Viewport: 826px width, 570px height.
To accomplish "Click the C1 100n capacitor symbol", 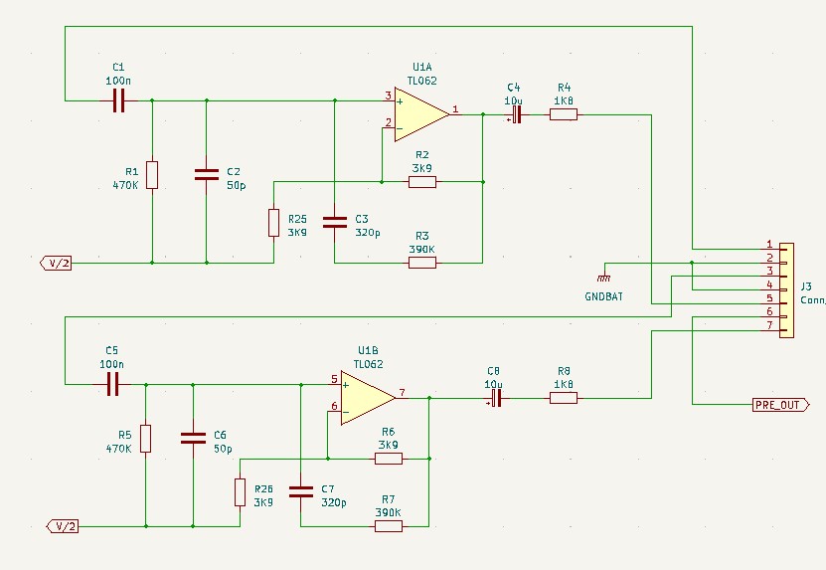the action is (119, 100).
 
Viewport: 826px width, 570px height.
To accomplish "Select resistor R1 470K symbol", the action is (152, 175).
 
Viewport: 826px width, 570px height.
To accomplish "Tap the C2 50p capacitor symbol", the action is (207, 175).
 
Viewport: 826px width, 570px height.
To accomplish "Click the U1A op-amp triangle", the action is (422, 114).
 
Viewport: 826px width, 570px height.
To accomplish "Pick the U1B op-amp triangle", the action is (368, 398).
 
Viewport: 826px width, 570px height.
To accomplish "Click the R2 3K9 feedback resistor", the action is (422, 182).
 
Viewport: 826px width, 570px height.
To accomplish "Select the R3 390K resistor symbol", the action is (422, 263).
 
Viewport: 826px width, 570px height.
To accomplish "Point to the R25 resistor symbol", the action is (274, 223).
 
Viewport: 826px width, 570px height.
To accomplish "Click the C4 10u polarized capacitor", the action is (517, 114).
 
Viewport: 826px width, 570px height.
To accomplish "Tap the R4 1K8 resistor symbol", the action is (564, 114).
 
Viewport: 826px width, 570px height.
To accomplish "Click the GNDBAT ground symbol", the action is (604, 278).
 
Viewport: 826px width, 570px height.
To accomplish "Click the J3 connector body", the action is (786, 290).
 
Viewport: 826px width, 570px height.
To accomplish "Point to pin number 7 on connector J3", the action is (769, 325).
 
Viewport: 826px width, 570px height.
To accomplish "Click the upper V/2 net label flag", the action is (56, 263).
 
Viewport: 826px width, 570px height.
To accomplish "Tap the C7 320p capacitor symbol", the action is (301, 492).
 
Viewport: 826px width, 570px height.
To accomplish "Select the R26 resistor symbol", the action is (241, 492).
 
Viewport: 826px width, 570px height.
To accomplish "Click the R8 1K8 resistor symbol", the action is (564, 398).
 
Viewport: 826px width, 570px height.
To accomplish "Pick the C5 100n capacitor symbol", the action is (112, 384).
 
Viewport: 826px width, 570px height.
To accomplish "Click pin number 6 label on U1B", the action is (334, 406).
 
